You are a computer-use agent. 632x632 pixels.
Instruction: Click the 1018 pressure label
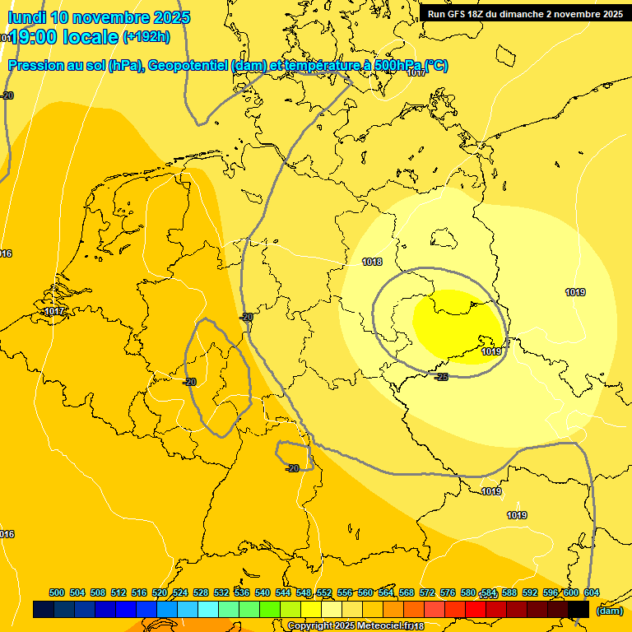coord(372,262)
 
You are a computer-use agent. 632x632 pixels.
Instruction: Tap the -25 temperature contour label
coord(441,376)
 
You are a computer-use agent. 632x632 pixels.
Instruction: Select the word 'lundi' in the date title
coord(26,17)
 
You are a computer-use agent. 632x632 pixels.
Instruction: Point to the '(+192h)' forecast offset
coord(146,37)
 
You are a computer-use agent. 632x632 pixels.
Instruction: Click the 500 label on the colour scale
coord(57,592)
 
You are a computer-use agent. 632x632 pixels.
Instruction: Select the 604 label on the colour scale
coord(592,592)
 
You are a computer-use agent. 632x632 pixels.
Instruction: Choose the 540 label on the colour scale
coord(263,592)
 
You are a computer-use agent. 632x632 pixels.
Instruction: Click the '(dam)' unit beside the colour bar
coord(609,610)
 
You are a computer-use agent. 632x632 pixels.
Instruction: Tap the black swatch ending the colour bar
coord(579,609)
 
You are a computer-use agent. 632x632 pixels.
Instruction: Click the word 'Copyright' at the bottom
coord(310,626)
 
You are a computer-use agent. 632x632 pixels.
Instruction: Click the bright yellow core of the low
coord(457,325)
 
